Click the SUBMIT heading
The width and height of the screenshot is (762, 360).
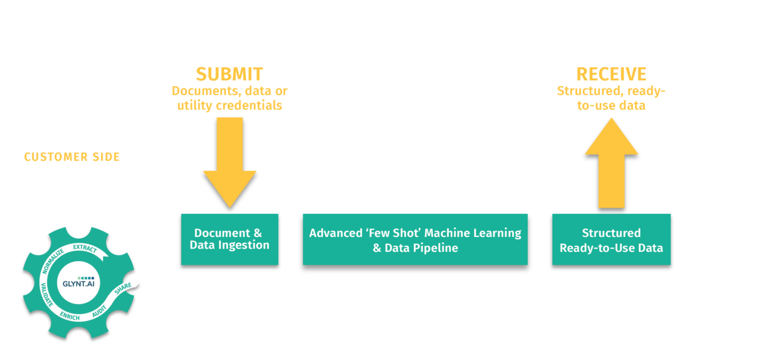click(x=229, y=74)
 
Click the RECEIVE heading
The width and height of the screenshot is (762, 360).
click(x=611, y=74)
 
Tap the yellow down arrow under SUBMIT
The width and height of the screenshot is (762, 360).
click(x=229, y=161)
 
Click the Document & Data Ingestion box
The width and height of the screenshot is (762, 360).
click(x=229, y=239)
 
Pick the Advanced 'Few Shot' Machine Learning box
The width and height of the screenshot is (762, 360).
click(x=415, y=239)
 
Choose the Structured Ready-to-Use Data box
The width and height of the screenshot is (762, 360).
click(x=611, y=239)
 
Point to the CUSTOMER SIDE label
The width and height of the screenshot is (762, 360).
click(x=72, y=157)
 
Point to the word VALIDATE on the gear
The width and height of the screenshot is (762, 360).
click(x=46, y=295)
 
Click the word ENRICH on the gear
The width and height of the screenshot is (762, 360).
click(x=70, y=316)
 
